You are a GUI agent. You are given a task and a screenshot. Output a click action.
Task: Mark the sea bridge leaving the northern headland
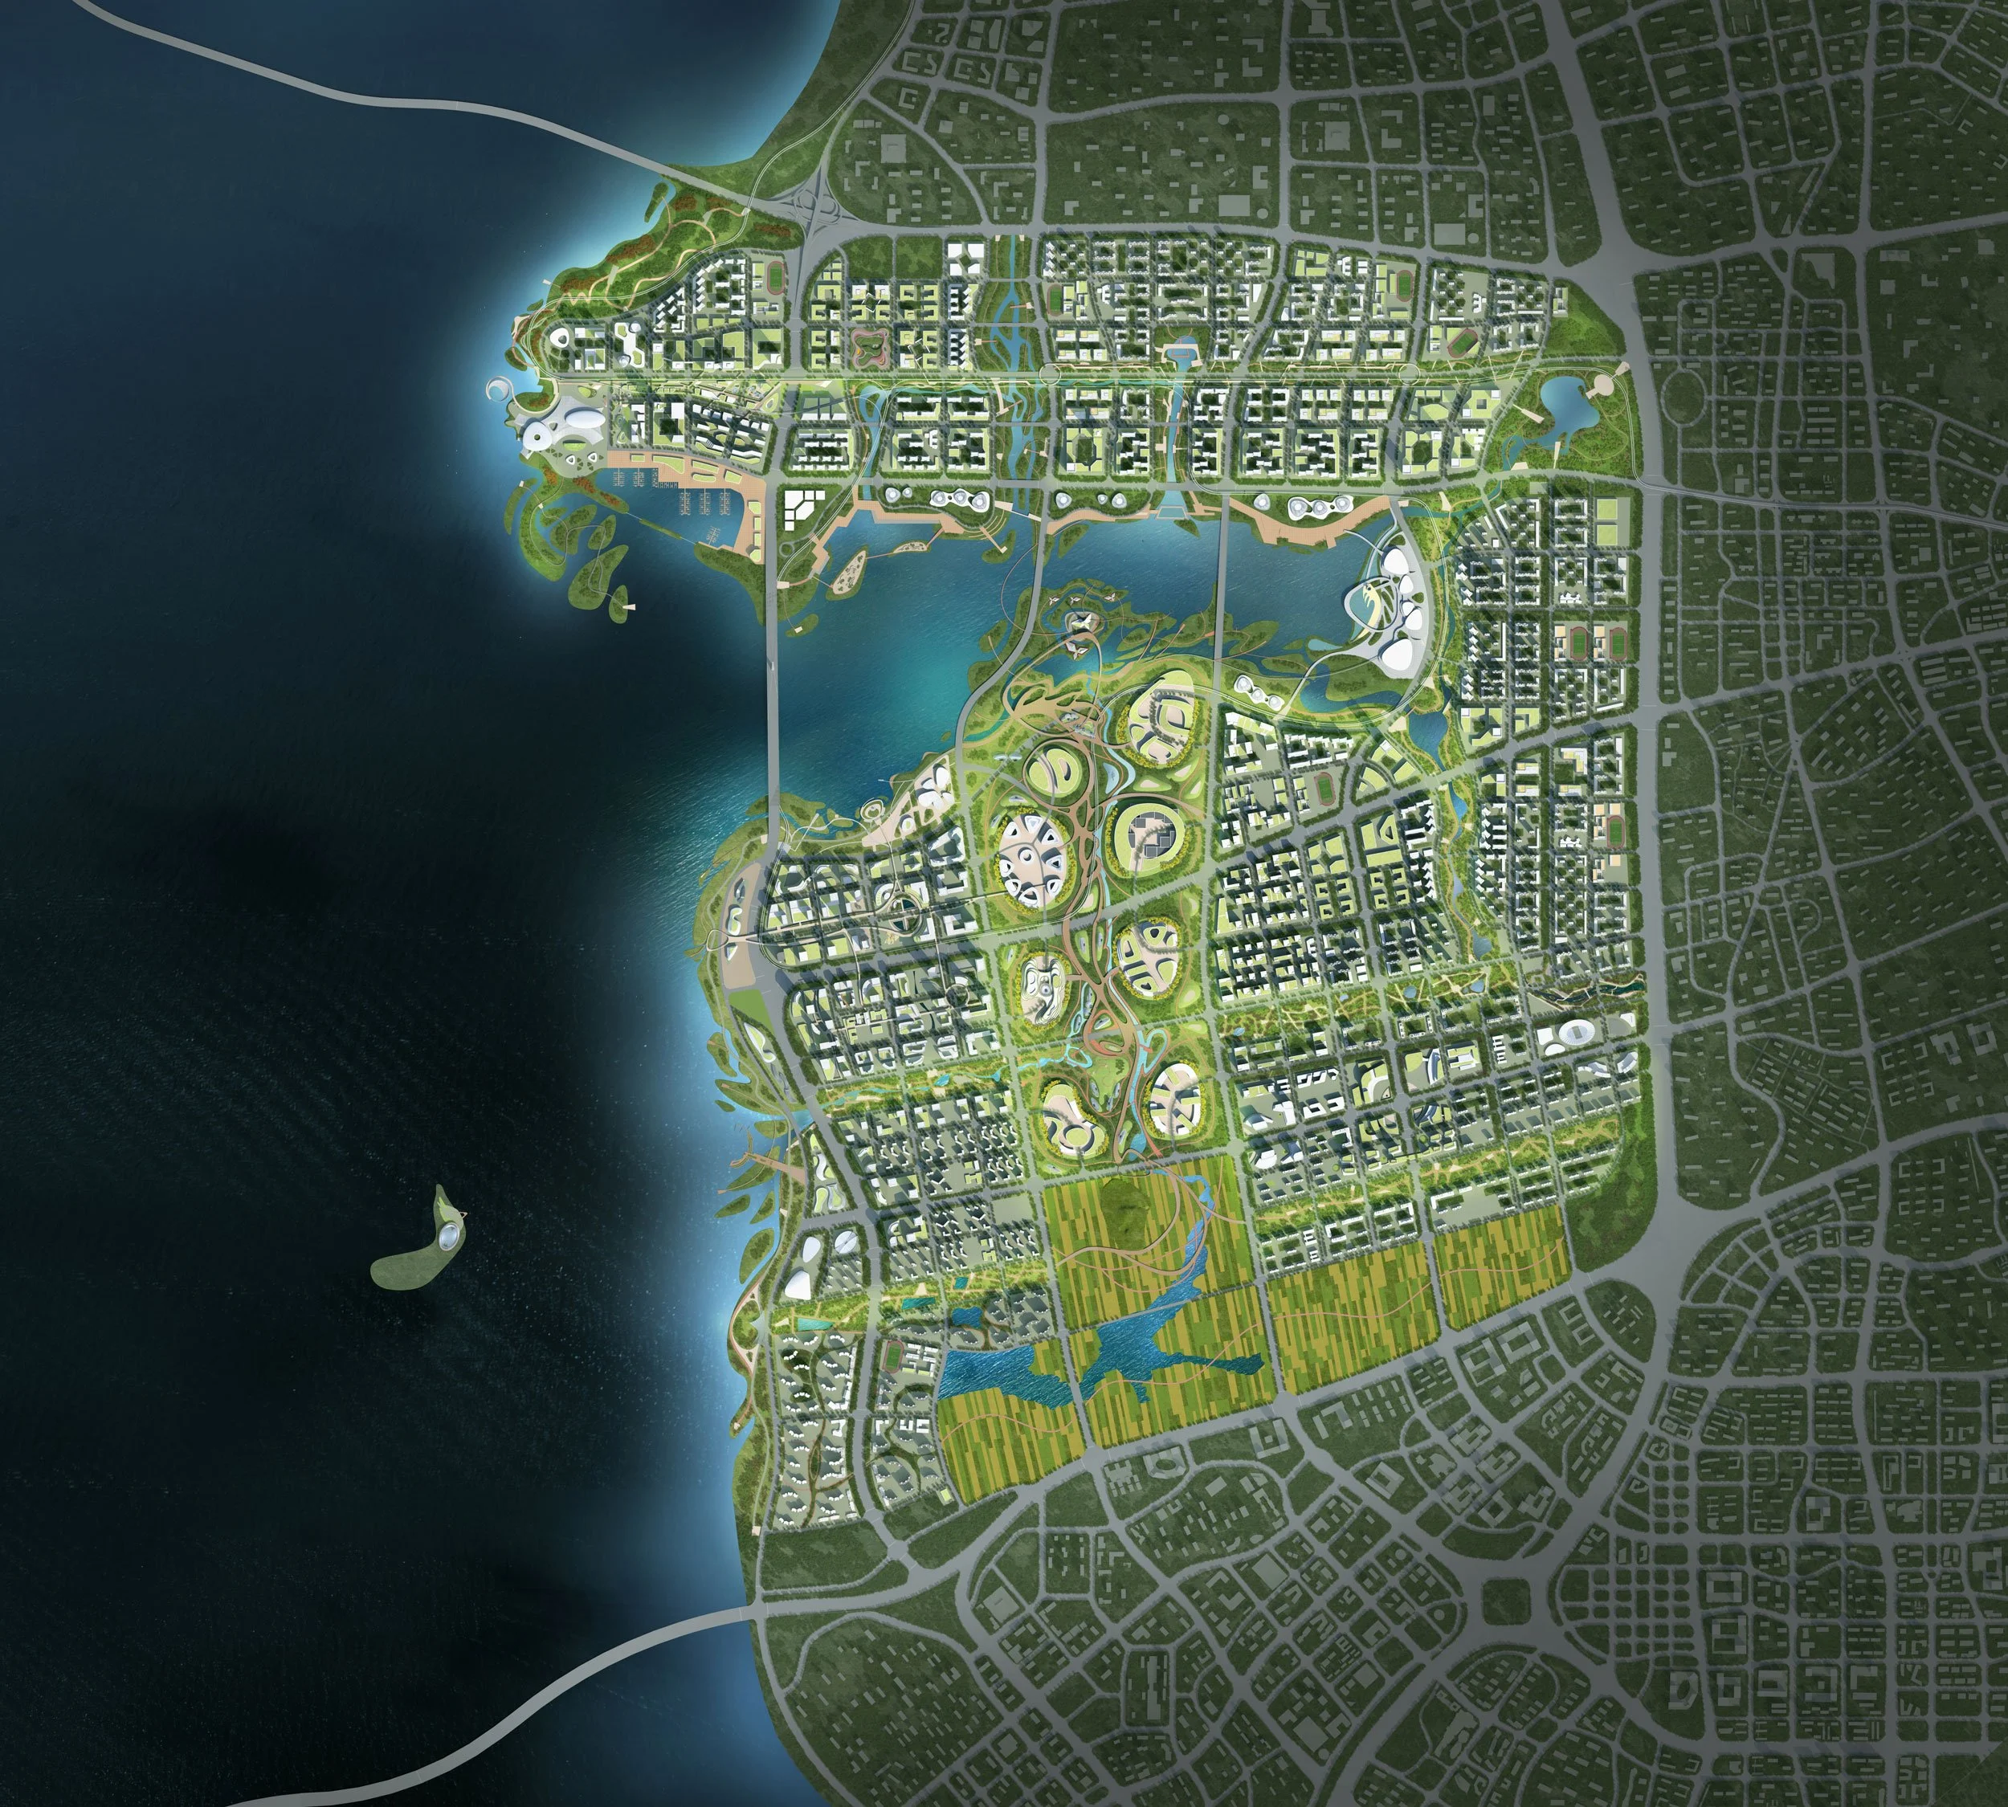tap(398, 100)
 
